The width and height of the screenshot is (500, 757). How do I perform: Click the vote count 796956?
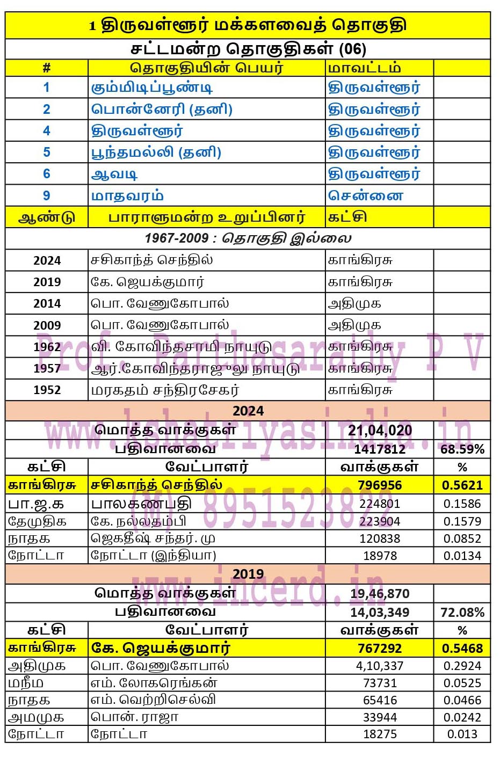379,485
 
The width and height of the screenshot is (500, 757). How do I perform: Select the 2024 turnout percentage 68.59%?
462,449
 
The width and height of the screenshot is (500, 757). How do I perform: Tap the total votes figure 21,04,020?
380,430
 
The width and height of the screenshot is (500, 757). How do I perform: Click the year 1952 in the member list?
47,390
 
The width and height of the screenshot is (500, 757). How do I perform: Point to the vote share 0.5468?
462,649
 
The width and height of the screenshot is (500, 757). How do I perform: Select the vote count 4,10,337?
379,666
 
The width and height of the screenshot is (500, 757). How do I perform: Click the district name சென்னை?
365,196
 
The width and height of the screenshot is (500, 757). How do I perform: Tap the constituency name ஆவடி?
114,174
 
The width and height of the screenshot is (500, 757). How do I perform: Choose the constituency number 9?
47,196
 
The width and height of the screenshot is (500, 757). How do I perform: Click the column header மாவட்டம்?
364,68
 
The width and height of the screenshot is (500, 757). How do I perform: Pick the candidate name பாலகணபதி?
141,504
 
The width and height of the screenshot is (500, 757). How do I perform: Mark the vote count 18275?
379,734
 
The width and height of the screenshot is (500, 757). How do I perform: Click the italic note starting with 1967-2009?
248,238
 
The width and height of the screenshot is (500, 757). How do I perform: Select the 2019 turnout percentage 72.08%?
462,613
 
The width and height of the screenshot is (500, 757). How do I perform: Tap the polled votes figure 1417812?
379,449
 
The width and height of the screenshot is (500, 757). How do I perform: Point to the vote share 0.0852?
462,538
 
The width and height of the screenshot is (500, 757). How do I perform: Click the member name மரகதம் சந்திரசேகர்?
165,390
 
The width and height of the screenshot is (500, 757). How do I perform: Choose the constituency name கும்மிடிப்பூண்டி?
152,88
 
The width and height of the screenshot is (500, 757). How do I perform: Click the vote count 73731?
379,683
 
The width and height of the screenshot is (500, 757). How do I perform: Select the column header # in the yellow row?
47,68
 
